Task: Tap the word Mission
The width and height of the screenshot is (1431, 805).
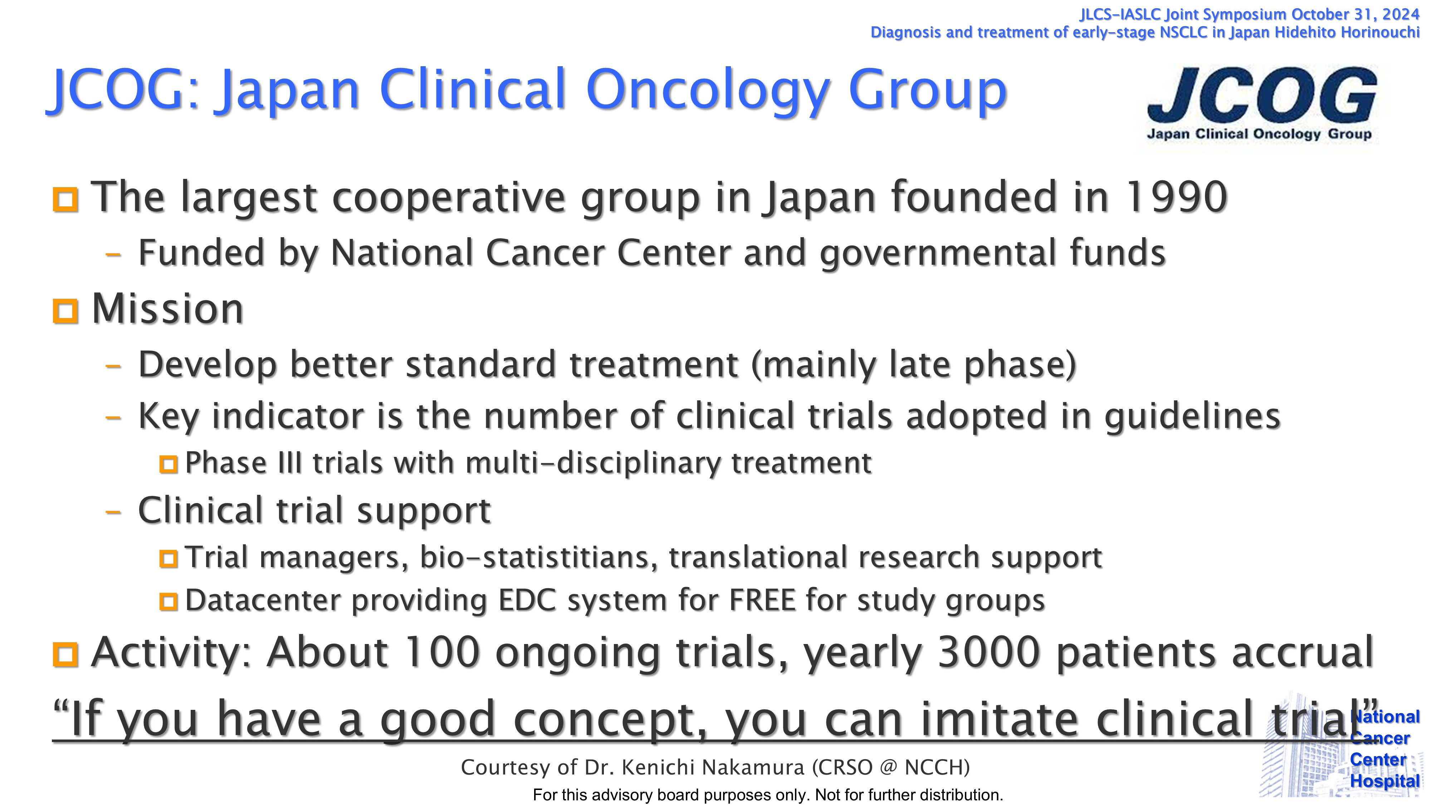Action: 168,309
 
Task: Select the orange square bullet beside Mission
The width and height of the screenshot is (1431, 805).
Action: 65,311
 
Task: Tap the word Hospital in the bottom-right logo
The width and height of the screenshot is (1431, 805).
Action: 1385,781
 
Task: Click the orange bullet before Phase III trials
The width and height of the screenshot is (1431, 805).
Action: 168,464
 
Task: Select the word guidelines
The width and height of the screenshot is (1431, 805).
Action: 1192,417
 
